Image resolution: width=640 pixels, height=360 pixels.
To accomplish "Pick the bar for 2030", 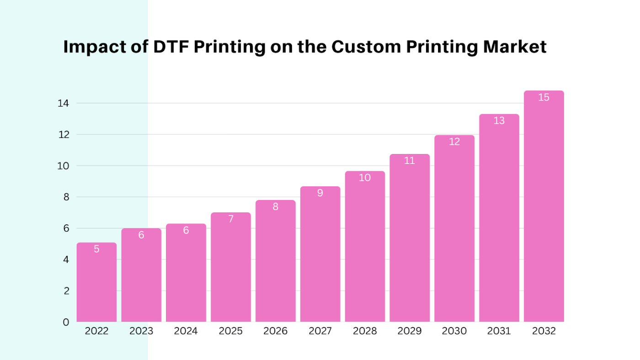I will (454, 228).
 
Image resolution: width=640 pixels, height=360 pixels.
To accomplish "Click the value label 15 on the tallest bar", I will (544, 97).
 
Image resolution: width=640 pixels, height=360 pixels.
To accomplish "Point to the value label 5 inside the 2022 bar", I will (96, 249).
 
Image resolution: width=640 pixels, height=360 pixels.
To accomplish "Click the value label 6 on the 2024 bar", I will (186, 230).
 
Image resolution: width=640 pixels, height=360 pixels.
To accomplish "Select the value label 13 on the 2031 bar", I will (499, 121).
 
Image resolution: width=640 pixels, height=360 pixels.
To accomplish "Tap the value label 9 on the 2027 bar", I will (320, 193).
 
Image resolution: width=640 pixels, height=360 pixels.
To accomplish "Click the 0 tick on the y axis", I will (66, 322).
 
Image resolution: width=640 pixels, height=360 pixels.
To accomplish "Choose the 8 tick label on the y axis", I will (66, 197).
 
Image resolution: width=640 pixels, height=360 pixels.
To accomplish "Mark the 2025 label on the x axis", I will (230, 331).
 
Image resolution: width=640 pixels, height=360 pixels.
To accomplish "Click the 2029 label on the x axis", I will (410, 331).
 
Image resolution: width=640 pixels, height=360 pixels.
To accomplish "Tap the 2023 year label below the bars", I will (141, 331).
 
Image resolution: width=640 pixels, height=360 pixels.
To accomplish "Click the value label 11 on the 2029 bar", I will (410, 161).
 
